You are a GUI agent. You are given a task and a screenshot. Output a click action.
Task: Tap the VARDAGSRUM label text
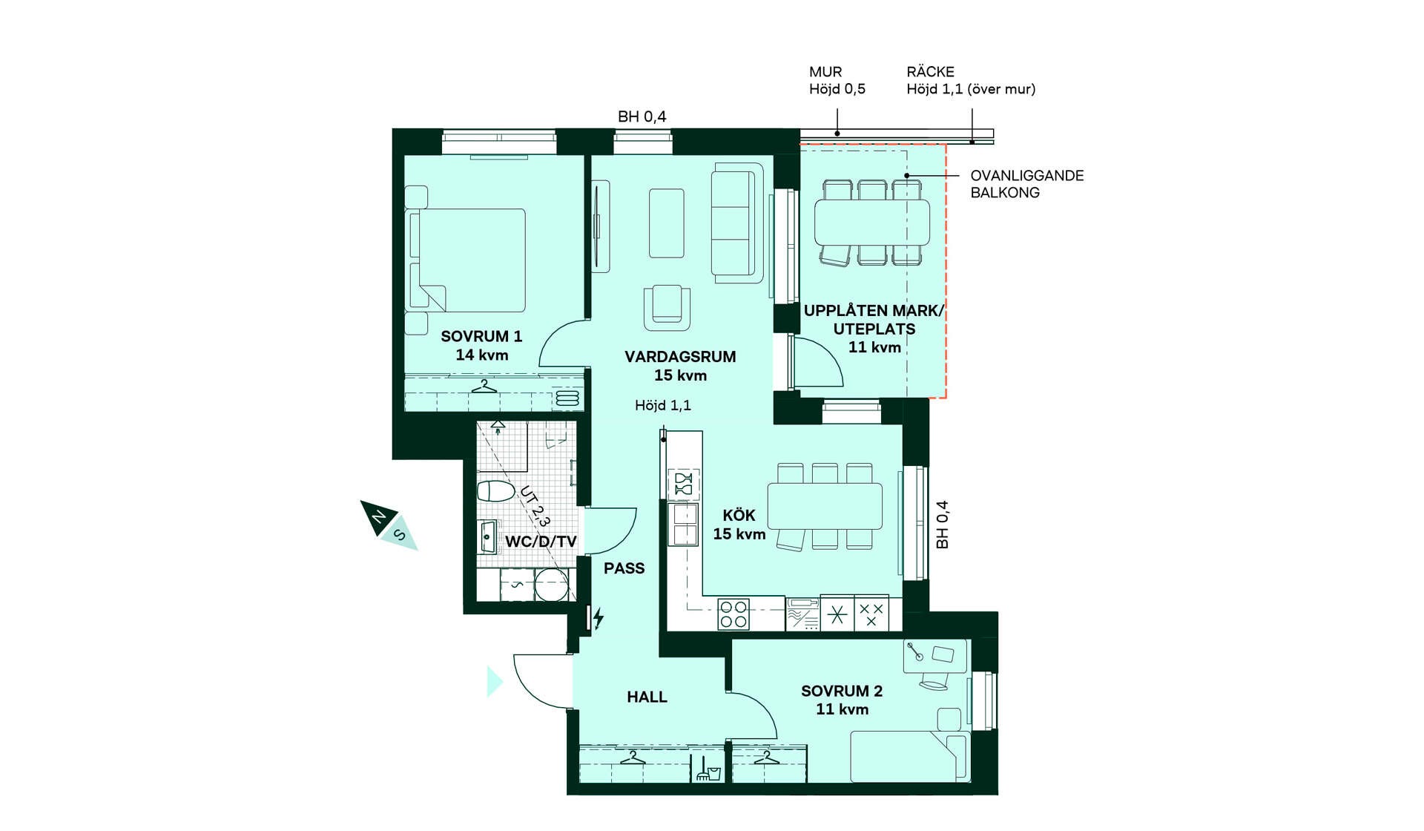click(x=680, y=357)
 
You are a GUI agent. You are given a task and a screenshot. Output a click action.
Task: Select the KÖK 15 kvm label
click(x=739, y=525)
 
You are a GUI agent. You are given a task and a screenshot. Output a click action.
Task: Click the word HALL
click(x=647, y=697)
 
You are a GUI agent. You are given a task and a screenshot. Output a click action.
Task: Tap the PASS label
click(x=624, y=568)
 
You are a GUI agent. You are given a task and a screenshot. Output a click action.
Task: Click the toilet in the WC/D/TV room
click(x=495, y=490)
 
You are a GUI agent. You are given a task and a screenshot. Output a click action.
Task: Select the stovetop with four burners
click(x=733, y=614)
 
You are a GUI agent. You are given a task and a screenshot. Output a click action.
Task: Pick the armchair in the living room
click(x=667, y=307)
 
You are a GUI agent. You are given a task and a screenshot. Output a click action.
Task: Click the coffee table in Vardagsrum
click(x=667, y=223)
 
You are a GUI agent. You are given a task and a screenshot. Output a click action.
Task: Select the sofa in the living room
click(x=737, y=223)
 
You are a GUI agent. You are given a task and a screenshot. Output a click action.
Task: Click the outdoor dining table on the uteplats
click(x=872, y=223)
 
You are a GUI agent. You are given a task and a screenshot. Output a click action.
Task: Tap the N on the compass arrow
click(x=379, y=516)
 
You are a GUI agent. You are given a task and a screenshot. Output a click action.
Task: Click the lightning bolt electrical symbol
click(x=598, y=617)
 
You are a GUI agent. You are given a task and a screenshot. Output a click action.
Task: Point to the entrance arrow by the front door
click(x=495, y=682)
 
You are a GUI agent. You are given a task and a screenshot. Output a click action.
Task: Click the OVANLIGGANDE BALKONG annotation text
click(x=1027, y=184)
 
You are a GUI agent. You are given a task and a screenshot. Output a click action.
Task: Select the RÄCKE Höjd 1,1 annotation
click(x=971, y=80)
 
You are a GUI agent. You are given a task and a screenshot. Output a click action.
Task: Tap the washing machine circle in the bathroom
click(x=551, y=585)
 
